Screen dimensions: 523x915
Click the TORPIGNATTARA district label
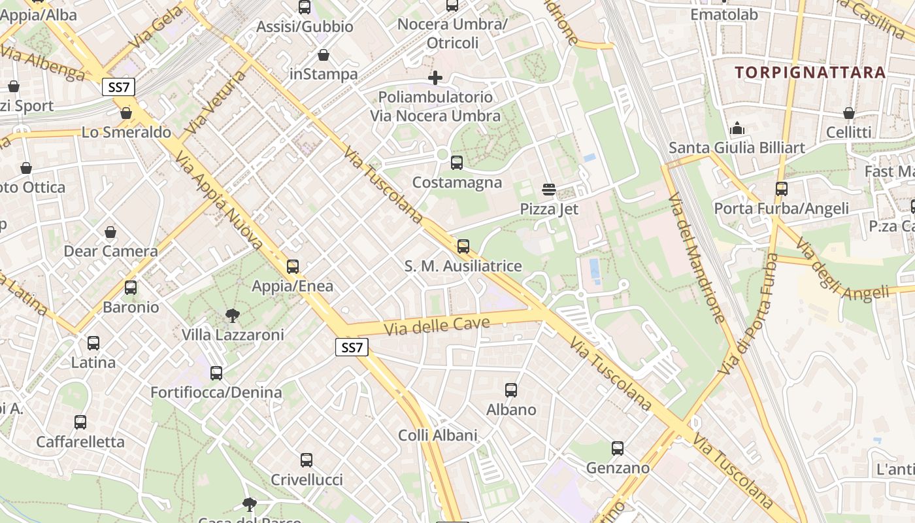[810, 72]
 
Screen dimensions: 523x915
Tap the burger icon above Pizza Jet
[549, 190]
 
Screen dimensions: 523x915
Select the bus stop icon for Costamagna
[457, 163]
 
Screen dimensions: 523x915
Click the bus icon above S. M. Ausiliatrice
[463, 246]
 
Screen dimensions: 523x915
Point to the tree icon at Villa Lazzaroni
[232, 316]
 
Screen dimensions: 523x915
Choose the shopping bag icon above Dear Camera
[110, 232]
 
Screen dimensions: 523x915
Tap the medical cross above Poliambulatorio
[435, 78]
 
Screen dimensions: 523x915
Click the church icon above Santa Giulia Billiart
[737, 128]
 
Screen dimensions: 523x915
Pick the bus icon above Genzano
[618, 448]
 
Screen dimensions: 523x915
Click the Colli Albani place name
[438, 435]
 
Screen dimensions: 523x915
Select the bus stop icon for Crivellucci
[307, 460]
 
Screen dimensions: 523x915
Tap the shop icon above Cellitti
[849, 113]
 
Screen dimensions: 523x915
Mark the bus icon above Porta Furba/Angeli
[781, 189]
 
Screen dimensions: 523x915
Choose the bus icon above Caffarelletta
[80, 422]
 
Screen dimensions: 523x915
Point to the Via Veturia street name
[215, 103]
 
